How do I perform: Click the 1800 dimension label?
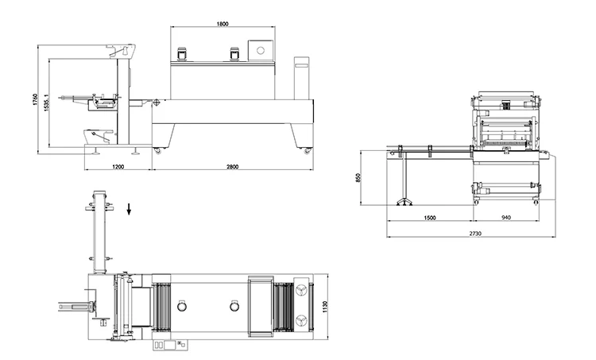click(223, 24)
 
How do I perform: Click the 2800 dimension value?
click(232, 167)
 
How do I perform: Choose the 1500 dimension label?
click(429, 216)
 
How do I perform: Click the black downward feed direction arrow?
click(130, 210)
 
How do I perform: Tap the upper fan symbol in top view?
click(301, 291)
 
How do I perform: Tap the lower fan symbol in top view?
click(301, 319)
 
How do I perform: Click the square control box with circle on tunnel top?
click(260, 50)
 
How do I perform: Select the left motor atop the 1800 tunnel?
click(181, 54)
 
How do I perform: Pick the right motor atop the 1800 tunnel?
click(234, 54)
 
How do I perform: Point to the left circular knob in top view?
click(182, 306)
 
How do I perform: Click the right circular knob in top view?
click(234, 306)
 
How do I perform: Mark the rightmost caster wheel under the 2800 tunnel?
click(307, 149)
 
